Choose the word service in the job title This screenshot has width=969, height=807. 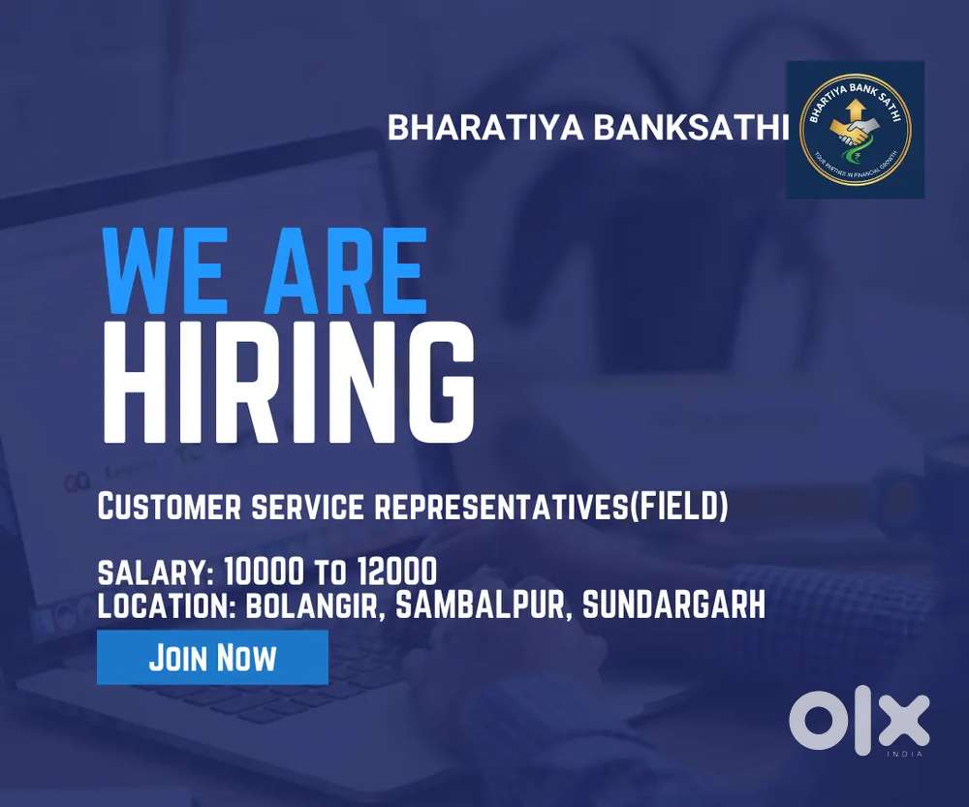pyautogui.click(x=313, y=507)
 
